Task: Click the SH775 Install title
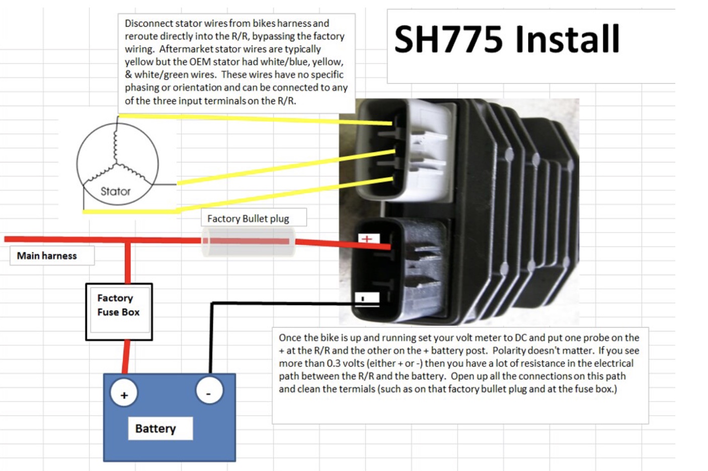point(507,40)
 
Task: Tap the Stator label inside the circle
point(115,191)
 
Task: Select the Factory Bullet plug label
point(248,218)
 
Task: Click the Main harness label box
point(47,256)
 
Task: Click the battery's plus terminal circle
point(124,395)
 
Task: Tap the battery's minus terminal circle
point(208,391)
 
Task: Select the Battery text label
point(155,428)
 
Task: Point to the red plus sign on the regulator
point(367,239)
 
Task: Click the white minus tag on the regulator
point(367,298)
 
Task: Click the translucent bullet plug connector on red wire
point(248,242)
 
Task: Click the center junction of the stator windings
point(116,164)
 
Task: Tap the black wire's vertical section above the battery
point(211,337)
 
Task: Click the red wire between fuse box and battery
point(126,357)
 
